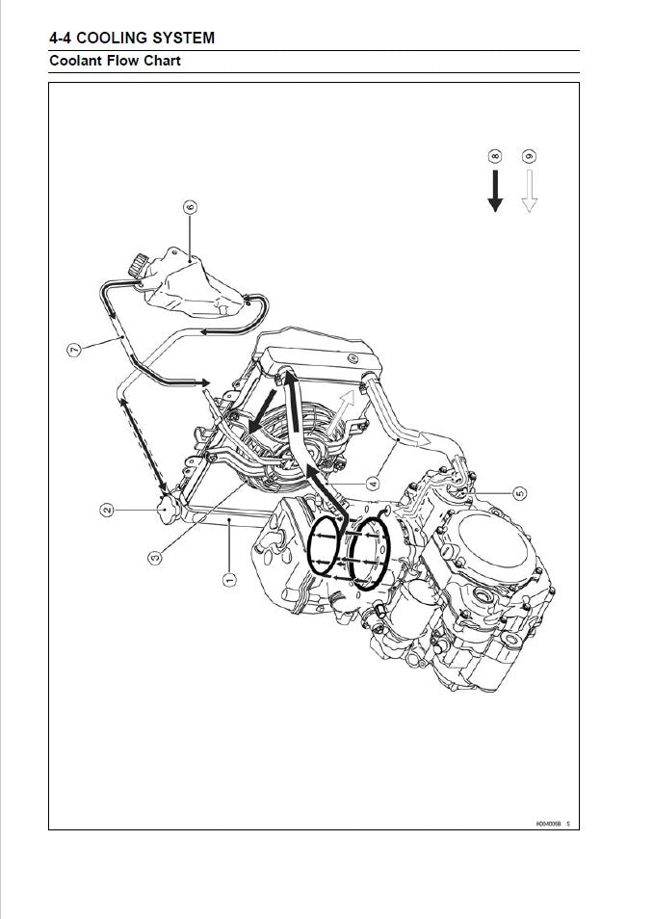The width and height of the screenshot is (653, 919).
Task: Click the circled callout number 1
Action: click(228, 579)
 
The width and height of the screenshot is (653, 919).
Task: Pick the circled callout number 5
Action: click(520, 494)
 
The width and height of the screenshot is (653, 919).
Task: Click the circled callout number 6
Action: click(190, 207)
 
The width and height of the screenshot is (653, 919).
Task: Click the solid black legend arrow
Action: click(495, 191)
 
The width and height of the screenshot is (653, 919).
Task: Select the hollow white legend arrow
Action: click(528, 191)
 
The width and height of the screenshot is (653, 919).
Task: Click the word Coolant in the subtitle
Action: click(76, 62)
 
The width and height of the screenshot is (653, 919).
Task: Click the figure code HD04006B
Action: click(549, 824)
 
